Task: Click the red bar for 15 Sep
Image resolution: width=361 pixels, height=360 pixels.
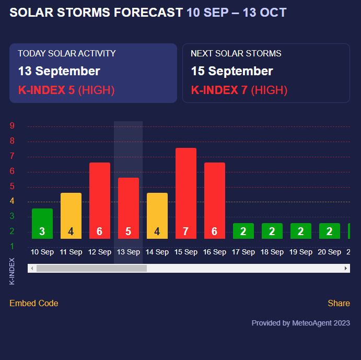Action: tap(186, 193)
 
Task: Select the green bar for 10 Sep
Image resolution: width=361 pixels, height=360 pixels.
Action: tap(42, 224)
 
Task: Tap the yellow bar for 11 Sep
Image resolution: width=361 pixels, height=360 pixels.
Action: tap(71, 216)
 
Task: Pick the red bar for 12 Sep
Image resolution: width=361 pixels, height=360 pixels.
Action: tap(100, 201)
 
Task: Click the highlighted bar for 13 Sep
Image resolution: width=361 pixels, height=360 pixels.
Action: tap(129, 208)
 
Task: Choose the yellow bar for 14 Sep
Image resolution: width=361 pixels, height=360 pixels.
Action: tap(157, 216)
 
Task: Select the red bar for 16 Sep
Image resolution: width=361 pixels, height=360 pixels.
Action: tap(215, 201)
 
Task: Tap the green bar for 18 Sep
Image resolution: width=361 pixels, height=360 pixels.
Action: tap(272, 231)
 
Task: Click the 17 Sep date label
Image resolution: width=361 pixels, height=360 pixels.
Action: tap(243, 252)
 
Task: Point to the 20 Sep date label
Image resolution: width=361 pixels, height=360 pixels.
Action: tap(330, 252)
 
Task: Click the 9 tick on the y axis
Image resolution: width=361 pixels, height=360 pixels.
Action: tap(12, 126)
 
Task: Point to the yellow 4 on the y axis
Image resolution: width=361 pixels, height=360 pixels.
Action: tap(12, 201)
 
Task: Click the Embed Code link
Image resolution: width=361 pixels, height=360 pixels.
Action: tap(34, 304)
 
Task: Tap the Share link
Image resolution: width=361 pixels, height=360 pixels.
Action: tap(339, 304)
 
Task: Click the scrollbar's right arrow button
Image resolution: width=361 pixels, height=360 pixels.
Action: tap(346, 269)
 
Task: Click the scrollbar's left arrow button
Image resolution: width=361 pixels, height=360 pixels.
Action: tap(32, 269)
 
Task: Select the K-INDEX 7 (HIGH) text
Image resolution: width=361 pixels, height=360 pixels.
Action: tap(239, 90)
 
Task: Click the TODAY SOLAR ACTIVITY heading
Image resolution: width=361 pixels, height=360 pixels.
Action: tap(67, 53)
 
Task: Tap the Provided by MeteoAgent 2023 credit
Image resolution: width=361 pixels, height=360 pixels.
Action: tap(301, 323)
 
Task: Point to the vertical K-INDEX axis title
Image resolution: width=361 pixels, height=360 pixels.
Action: tap(13, 271)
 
